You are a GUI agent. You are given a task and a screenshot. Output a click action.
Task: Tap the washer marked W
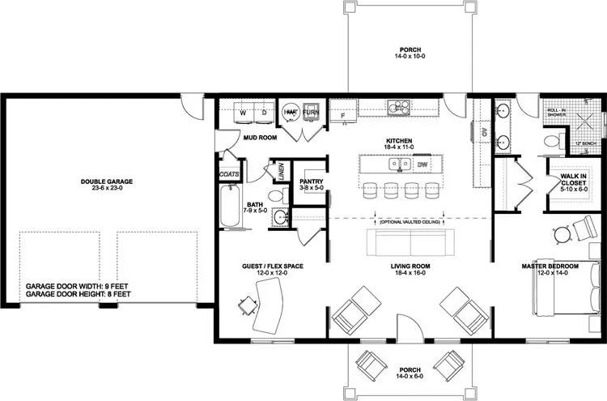coord(245,111)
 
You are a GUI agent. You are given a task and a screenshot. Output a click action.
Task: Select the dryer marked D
coord(265,111)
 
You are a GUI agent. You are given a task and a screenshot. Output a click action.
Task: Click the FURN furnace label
coord(311,111)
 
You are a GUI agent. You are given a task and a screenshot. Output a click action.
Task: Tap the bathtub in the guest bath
coord(229,207)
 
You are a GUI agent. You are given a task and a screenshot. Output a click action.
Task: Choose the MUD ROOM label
coord(261,138)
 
